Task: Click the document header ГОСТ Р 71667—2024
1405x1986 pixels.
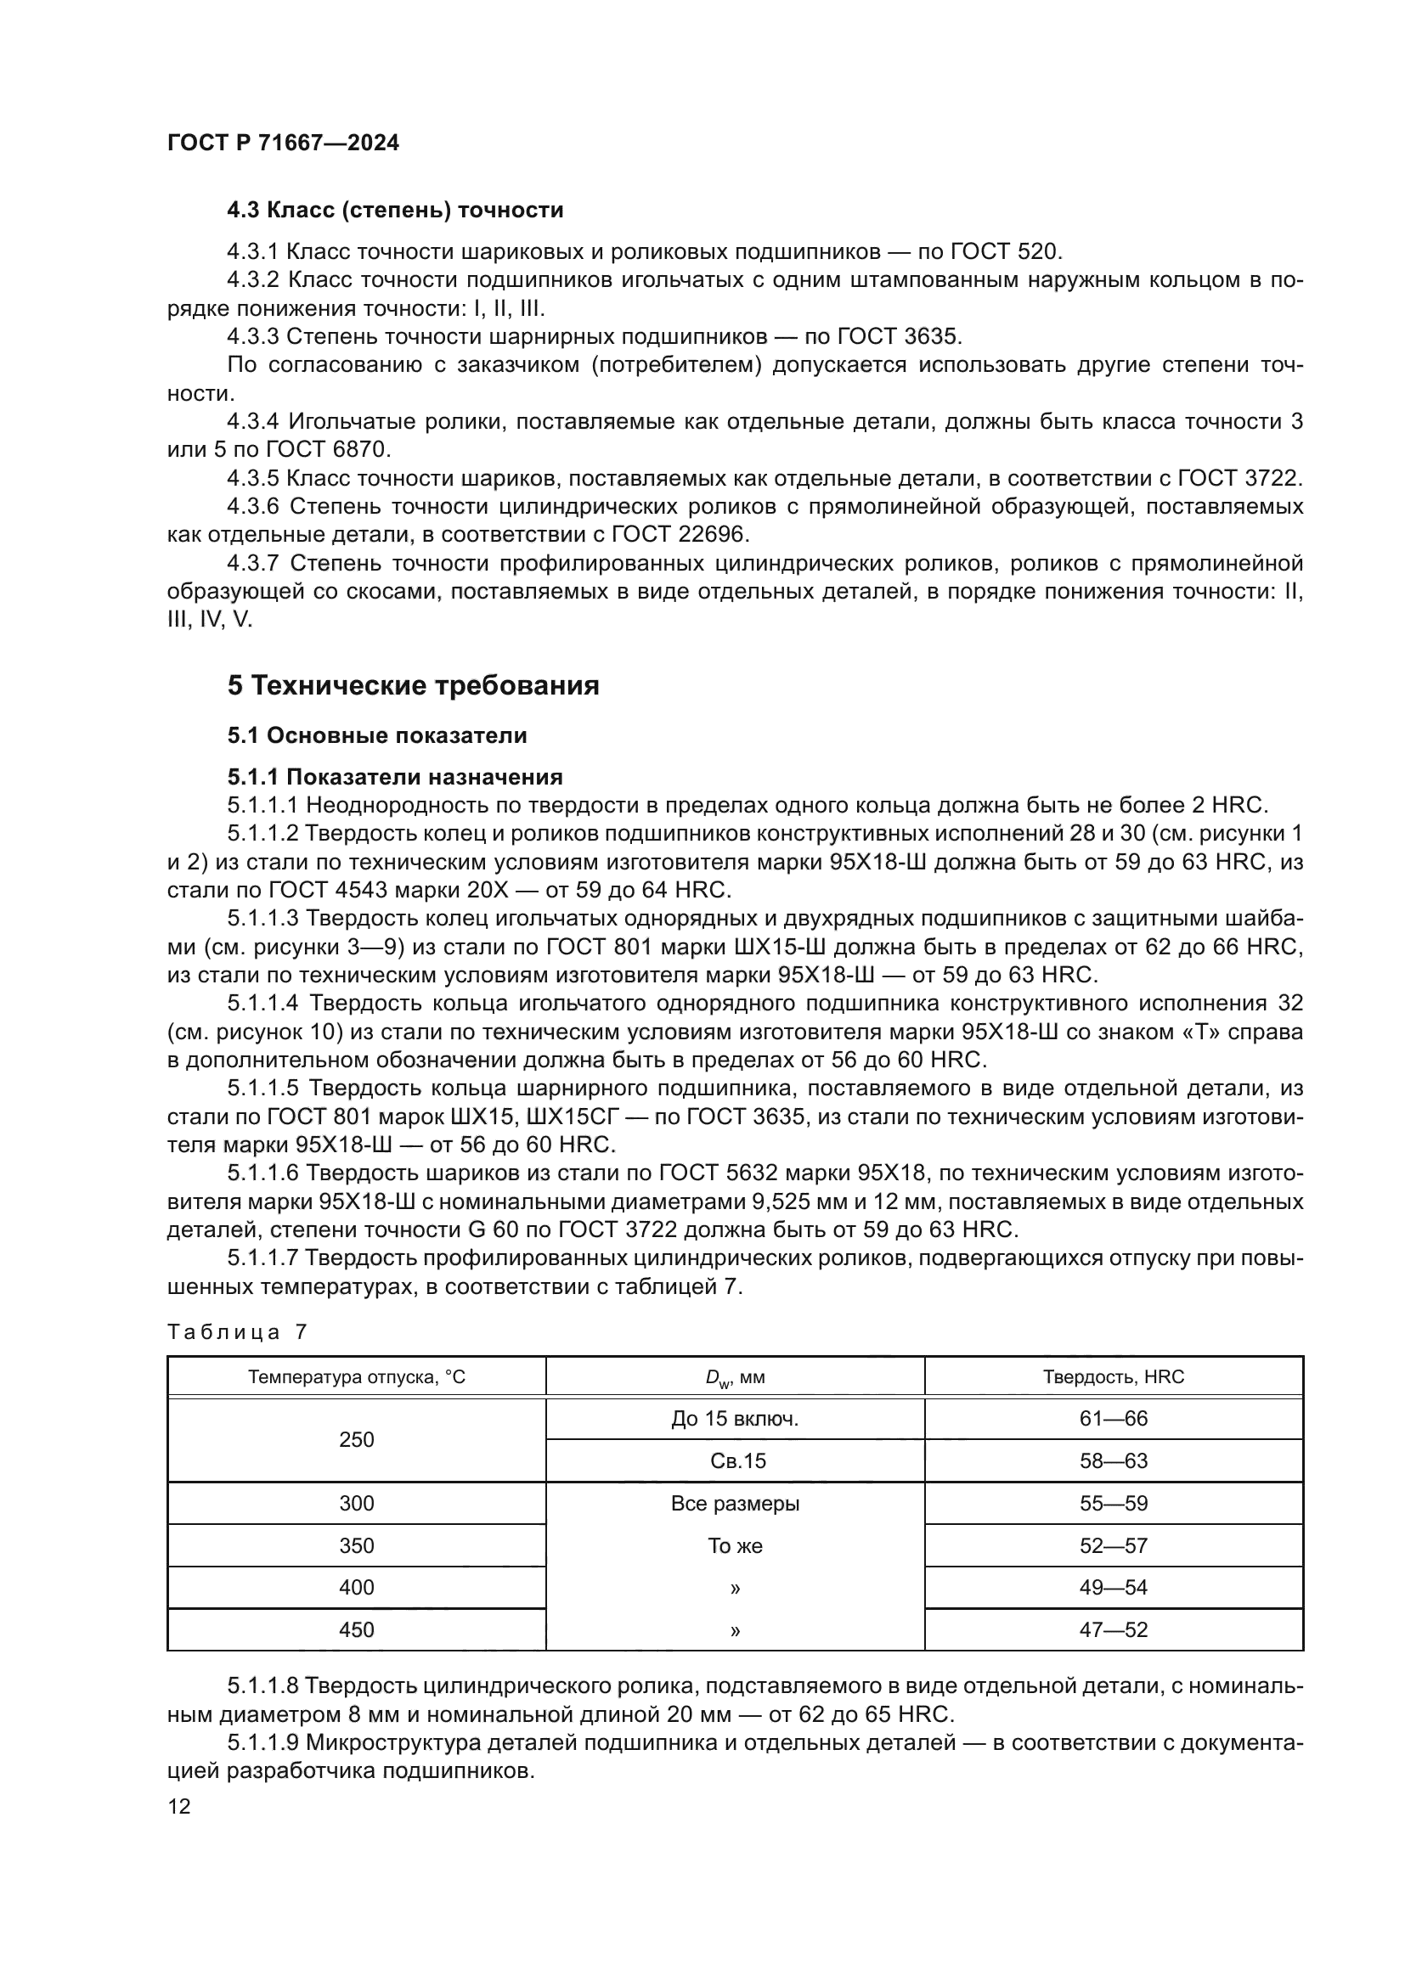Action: [x=283, y=143]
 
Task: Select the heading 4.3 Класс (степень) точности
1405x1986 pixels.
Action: [x=394, y=211]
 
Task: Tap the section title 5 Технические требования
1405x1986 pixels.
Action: [x=413, y=686]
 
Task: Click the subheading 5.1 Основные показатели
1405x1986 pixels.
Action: [x=376, y=736]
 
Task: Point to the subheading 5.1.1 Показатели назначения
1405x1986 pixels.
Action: [x=394, y=777]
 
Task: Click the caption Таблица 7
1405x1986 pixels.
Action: [x=237, y=1332]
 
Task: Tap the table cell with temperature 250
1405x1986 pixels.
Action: [x=357, y=1440]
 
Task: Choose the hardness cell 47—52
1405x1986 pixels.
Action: [x=1114, y=1630]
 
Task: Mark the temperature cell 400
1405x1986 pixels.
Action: [x=357, y=1588]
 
